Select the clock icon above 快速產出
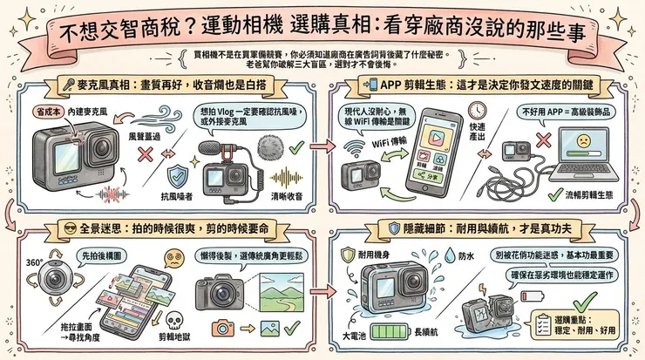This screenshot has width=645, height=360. (x=477, y=111)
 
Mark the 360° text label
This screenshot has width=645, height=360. (x=36, y=262)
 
